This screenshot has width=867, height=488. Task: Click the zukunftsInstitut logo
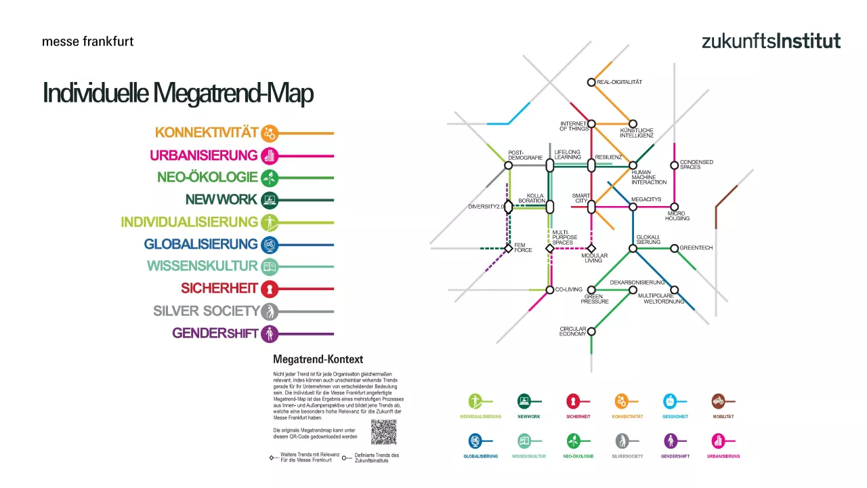pos(771,41)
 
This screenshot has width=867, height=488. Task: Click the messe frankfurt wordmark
pos(87,41)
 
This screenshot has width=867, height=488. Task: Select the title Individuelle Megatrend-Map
pos(177,93)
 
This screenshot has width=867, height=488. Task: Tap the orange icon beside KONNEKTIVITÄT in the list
pos(270,133)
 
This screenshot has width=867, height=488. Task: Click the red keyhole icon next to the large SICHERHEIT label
pos(270,289)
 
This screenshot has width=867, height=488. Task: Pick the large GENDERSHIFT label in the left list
pos(215,333)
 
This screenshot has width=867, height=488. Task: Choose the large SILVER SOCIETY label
pos(206,311)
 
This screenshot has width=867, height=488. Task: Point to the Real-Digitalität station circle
pos(591,82)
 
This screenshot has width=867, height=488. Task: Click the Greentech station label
pos(696,248)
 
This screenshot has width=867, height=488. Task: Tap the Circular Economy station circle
pos(591,331)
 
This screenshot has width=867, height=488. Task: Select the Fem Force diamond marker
pos(508,248)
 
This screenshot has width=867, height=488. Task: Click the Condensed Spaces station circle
pos(674,165)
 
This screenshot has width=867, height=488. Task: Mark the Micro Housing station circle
pos(674,207)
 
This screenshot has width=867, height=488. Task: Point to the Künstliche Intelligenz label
pos(636,133)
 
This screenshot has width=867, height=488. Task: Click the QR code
pos(383,432)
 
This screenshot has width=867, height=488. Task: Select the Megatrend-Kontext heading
pos(318,359)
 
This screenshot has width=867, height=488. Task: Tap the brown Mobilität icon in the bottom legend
pos(719,401)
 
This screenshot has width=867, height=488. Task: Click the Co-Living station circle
pos(550,290)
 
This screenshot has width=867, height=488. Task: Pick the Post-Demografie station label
pos(526,155)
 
